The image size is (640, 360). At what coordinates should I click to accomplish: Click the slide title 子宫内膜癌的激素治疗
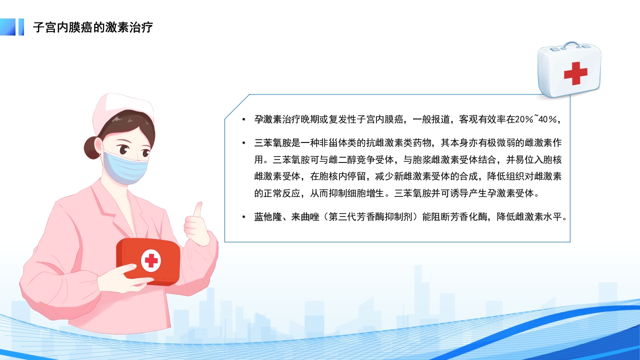tap(92, 27)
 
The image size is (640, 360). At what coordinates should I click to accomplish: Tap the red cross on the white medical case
tap(575, 73)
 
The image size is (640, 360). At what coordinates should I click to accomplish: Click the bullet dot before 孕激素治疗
tap(243, 119)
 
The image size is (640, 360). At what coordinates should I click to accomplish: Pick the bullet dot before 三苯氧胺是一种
tap(243, 143)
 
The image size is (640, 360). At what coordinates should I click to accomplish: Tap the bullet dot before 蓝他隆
tap(243, 217)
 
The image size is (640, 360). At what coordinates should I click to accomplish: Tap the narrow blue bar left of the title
tap(21, 27)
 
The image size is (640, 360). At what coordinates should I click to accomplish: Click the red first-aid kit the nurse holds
tap(147, 260)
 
